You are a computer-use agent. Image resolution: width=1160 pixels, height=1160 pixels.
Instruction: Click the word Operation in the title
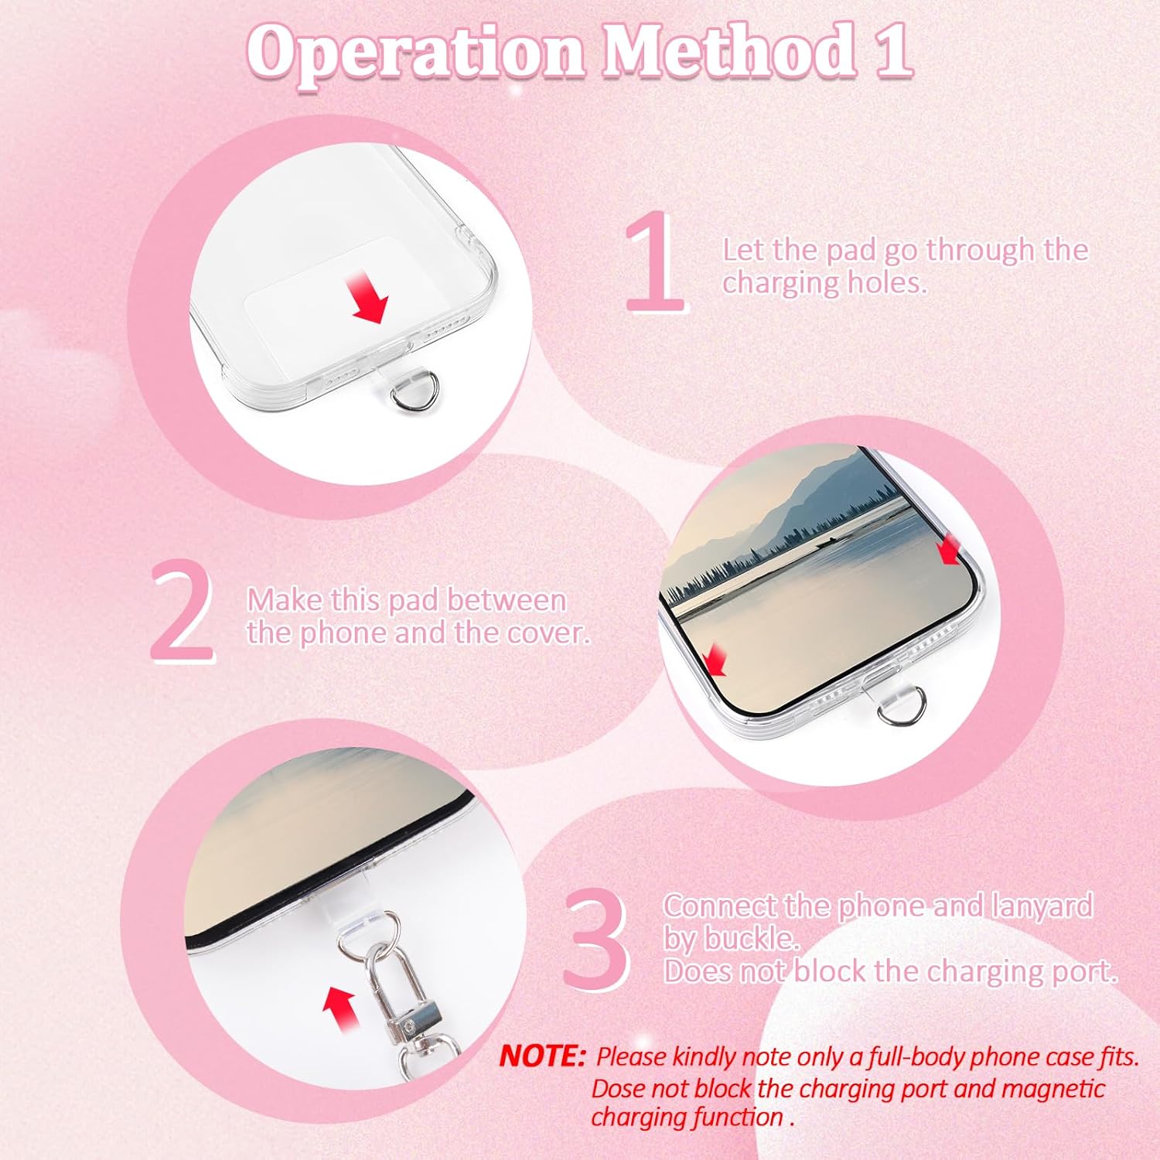pos(417,53)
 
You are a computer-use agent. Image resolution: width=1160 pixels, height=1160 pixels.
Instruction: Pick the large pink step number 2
pos(182,610)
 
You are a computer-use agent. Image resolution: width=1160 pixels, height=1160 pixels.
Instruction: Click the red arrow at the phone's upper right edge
pos(948,552)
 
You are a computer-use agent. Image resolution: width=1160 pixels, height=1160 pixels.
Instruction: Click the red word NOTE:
pos(542,1056)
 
